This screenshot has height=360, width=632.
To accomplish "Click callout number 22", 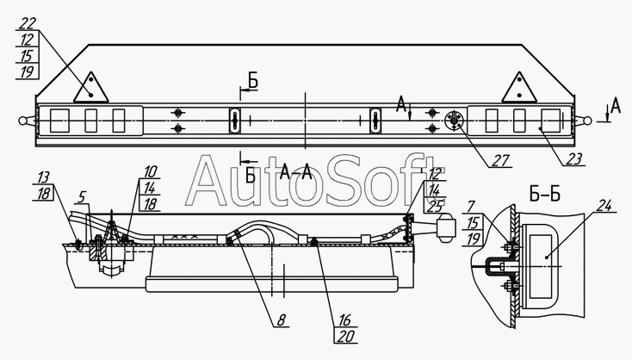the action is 28,23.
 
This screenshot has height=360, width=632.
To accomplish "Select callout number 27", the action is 501,160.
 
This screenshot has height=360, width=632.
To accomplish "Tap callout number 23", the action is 573,159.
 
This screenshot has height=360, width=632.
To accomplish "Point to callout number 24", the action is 604,206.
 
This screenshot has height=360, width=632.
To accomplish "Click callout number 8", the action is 281,320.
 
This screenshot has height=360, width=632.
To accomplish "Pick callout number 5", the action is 82,197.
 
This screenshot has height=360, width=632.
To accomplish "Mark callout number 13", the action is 44,177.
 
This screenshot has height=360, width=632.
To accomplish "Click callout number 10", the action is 150,171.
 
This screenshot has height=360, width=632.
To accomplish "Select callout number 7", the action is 470,207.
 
